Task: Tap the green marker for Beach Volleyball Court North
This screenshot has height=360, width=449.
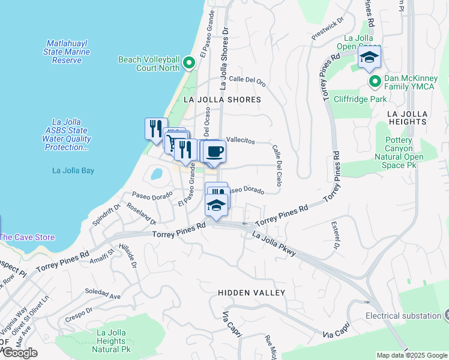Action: pos(190,63)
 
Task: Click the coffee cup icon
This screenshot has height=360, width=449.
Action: pos(214,151)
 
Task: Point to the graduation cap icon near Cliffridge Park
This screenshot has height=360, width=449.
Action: pos(369,58)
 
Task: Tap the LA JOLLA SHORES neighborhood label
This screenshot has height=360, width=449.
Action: pos(222,100)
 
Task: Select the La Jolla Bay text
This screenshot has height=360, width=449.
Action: pos(73,170)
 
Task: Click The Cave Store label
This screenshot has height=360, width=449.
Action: pos(27,237)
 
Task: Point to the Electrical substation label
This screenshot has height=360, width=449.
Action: pos(403,316)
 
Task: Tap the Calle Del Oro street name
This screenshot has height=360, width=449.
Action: pos(247,79)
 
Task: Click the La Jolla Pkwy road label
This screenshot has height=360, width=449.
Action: pos(274,245)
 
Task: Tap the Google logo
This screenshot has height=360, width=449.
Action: pos(19,353)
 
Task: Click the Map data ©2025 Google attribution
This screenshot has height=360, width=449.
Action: pos(411,355)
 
